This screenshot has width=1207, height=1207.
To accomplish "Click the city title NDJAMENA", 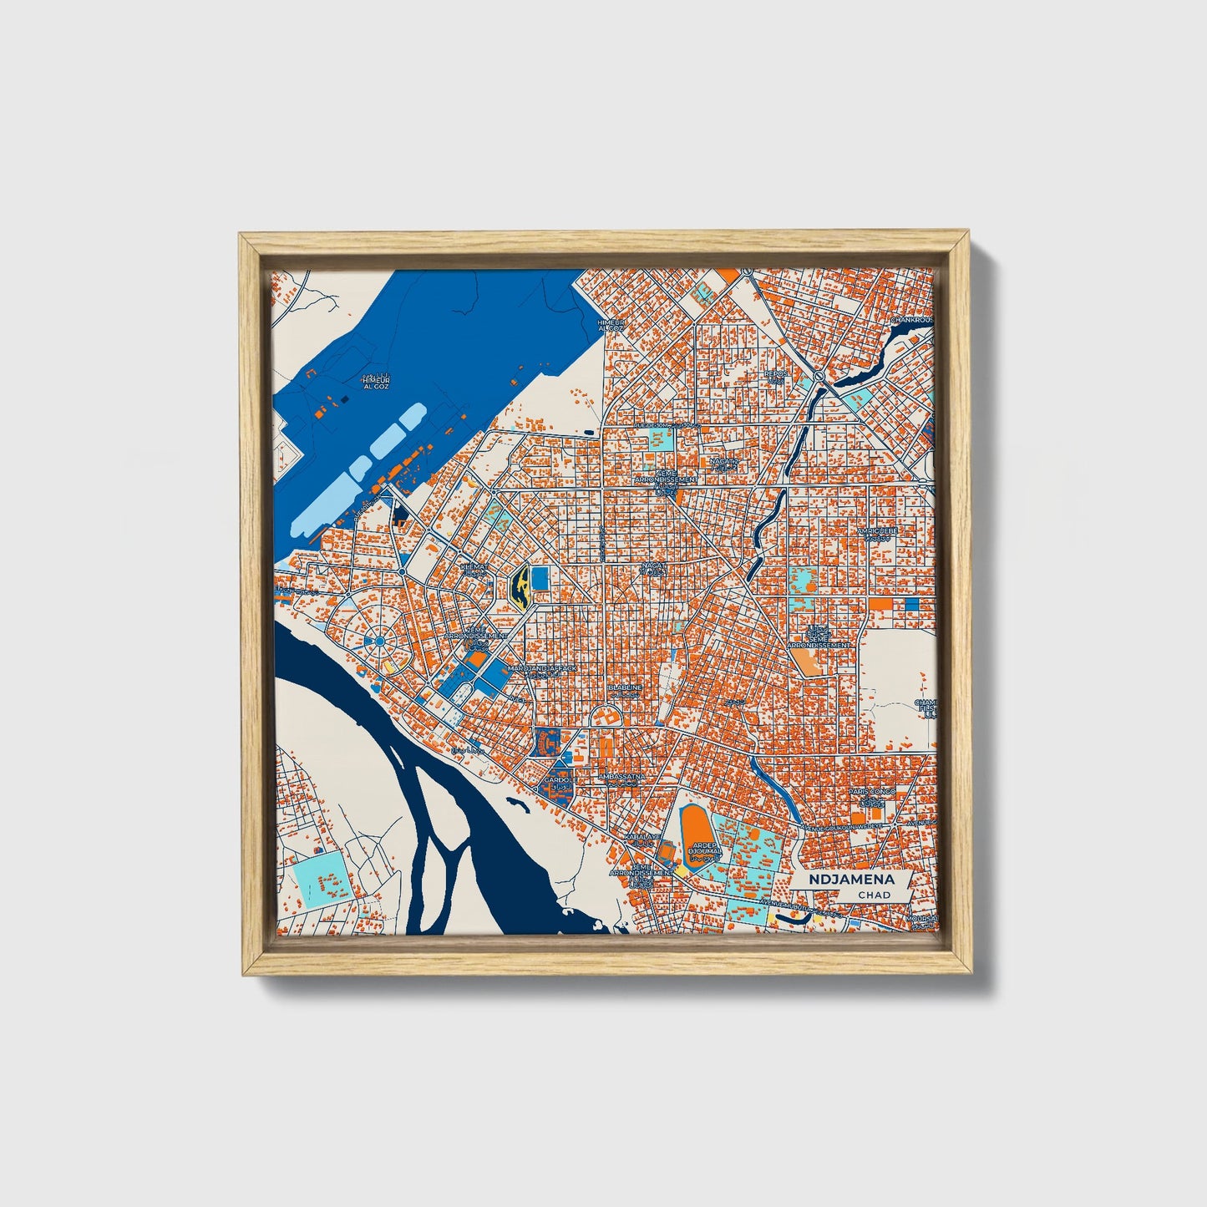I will click(x=851, y=879).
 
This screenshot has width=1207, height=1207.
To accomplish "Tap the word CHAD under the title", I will click(x=874, y=895).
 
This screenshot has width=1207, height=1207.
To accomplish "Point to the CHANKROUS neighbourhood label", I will click(x=912, y=319).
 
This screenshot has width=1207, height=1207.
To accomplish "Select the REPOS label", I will click(x=776, y=373).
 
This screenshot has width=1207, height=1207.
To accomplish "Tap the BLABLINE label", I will click(x=626, y=688).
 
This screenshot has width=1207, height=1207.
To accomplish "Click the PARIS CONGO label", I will click(x=872, y=791).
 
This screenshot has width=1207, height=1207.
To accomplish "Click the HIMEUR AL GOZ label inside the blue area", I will click(x=375, y=383).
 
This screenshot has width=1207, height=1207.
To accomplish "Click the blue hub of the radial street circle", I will click(x=379, y=641).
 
